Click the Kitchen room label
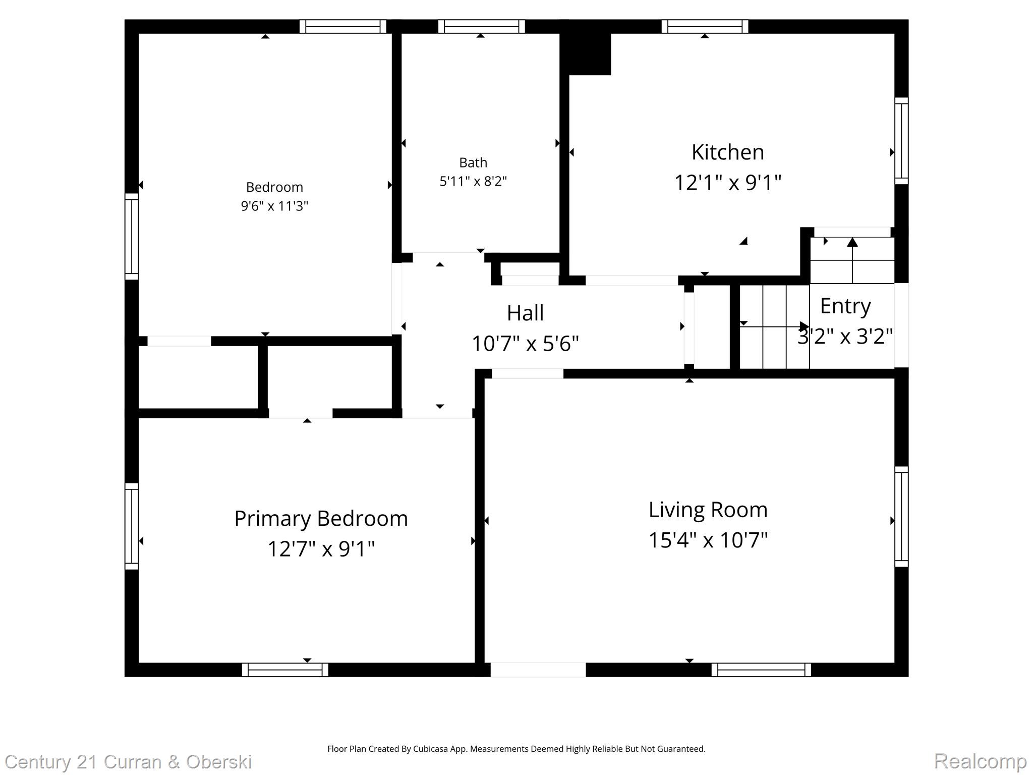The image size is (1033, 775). (x=727, y=152)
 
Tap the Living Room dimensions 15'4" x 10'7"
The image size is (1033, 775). (x=708, y=540)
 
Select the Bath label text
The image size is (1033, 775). (x=473, y=162)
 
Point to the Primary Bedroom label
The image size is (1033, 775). (x=321, y=519)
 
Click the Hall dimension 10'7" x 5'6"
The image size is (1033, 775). (x=525, y=344)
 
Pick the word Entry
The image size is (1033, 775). (x=845, y=306)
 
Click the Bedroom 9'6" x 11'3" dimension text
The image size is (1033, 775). (x=274, y=206)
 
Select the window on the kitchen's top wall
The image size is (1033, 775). (x=705, y=26)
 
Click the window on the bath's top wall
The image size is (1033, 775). (x=481, y=26)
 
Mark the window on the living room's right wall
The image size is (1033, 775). (x=901, y=517)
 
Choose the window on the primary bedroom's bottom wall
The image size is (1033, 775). (x=285, y=670)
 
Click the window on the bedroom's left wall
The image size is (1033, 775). (x=132, y=236)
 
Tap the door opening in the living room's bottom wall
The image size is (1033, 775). (x=538, y=670)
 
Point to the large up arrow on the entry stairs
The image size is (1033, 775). (x=852, y=243)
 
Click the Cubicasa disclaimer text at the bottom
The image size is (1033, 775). (x=516, y=749)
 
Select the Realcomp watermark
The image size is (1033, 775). (x=980, y=761)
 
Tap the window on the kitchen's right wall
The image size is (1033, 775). (x=901, y=141)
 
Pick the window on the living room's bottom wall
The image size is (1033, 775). (x=761, y=670)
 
